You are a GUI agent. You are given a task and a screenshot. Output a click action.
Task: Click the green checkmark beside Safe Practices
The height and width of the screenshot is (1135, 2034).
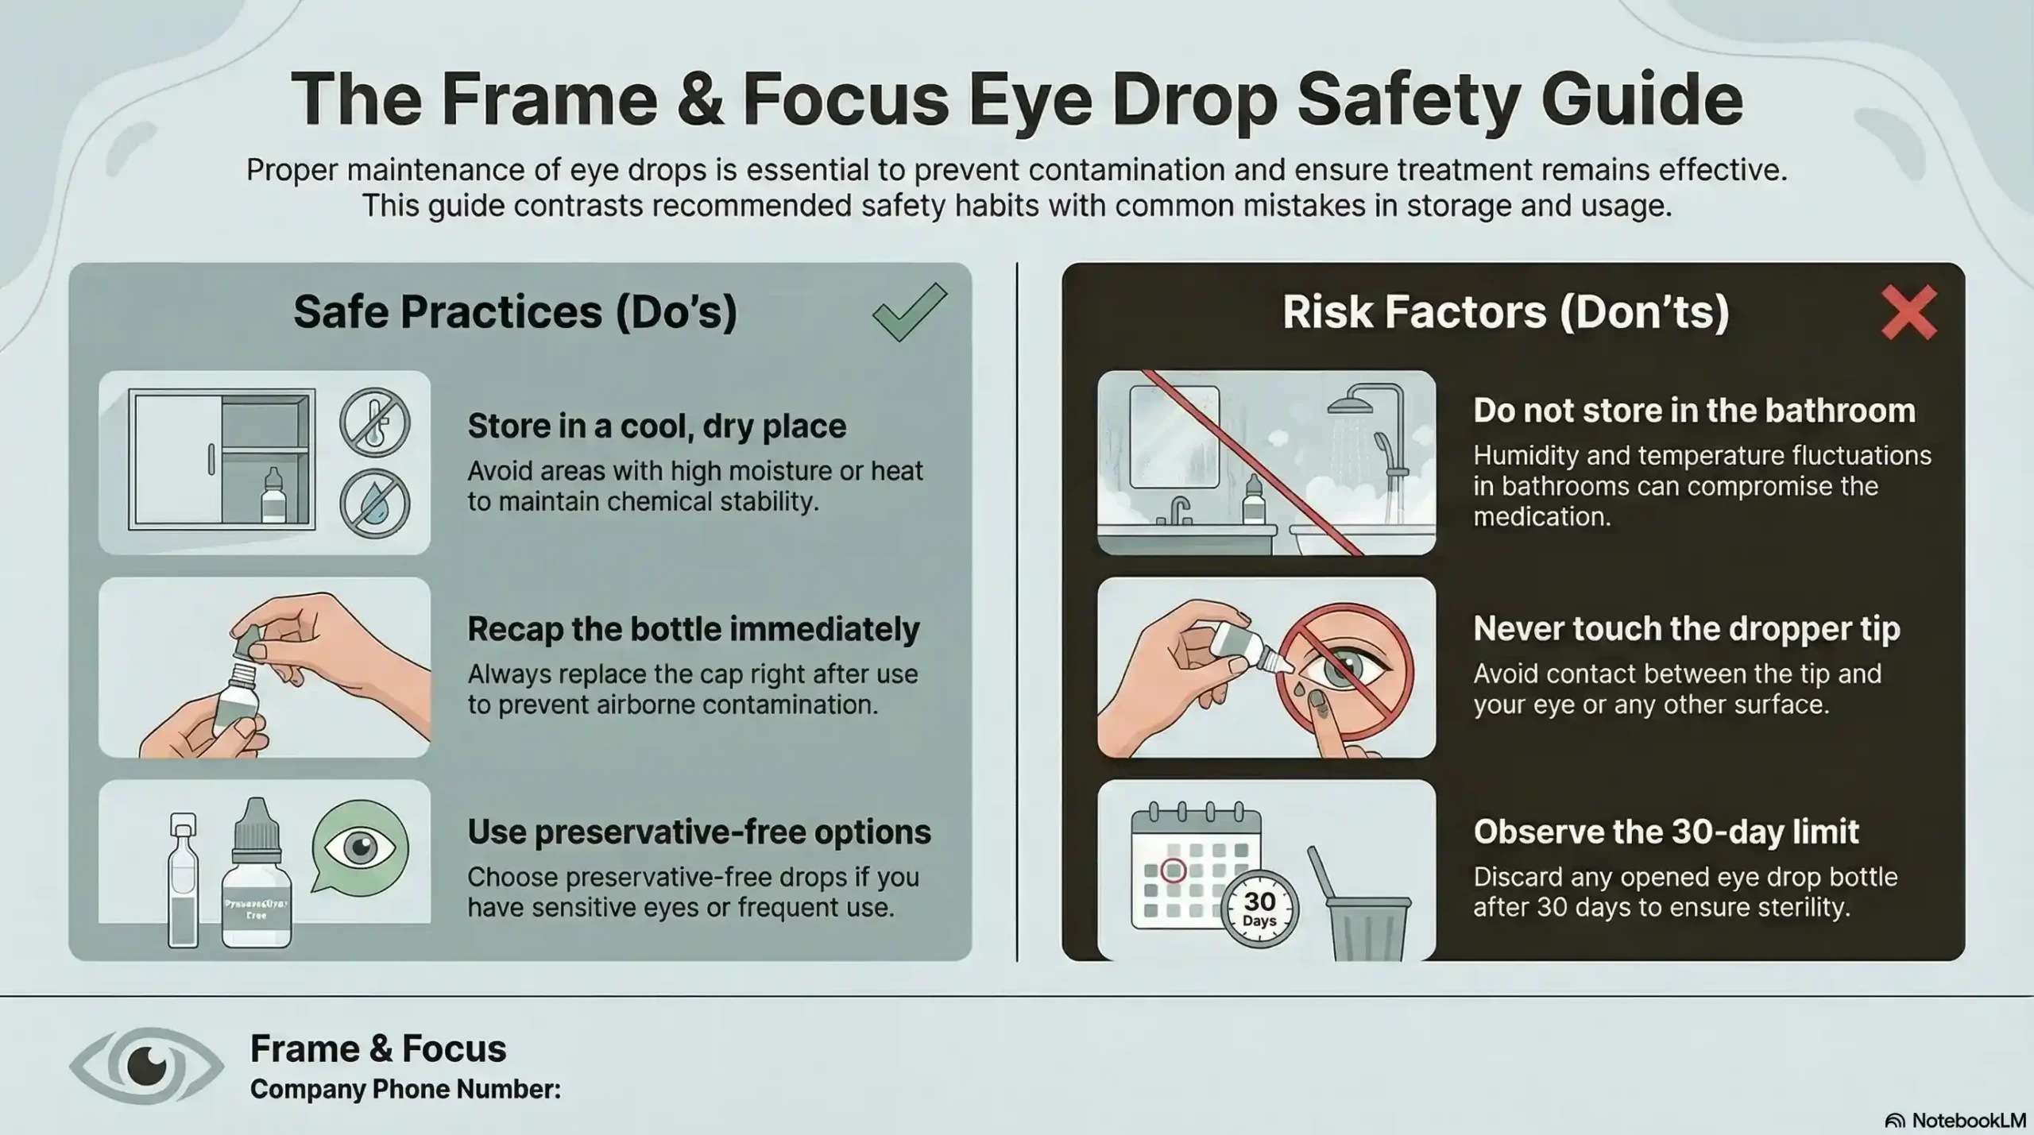click(909, 313)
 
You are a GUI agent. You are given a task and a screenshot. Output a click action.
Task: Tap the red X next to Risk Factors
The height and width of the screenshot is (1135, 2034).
click(1908, 313)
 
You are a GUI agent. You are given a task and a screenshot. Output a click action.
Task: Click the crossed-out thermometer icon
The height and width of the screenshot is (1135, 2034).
click(375, 422)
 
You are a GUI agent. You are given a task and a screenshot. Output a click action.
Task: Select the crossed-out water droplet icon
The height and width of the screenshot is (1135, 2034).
click(375, 504)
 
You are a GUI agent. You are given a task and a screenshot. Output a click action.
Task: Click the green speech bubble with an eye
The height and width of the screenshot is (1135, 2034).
click(359, 849)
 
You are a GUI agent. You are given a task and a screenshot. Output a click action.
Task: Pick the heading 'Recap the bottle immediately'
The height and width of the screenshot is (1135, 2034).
click(693, 629)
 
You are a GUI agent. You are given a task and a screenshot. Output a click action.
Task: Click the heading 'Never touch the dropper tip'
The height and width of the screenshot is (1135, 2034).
click(1686, 629)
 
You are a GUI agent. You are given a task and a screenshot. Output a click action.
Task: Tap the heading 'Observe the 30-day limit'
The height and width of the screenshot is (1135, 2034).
click(1665, 832)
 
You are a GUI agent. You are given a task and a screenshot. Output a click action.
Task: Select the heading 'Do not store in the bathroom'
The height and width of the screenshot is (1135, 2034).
click(1694, 411)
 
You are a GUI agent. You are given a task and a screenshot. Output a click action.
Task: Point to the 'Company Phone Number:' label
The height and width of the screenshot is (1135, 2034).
click(405, 1089)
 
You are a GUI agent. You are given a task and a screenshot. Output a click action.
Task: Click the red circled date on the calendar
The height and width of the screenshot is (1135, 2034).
click(1174, 871)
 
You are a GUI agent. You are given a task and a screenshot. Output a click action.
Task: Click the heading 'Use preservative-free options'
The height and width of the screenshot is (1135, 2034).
click(698, 832)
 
